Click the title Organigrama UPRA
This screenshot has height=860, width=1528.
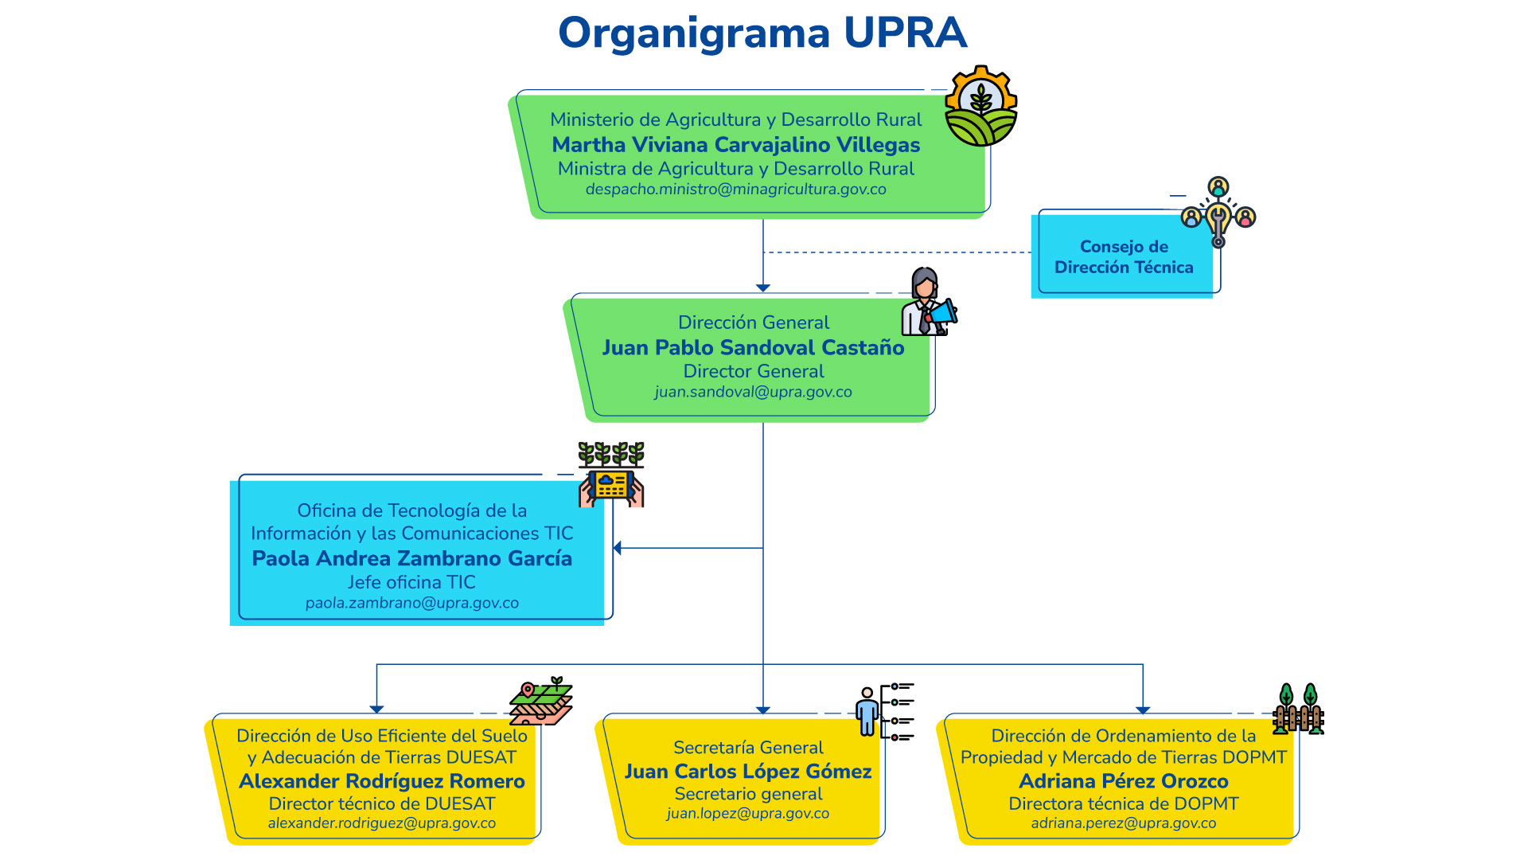point(762,33)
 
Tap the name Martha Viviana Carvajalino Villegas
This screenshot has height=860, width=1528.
point(736,145)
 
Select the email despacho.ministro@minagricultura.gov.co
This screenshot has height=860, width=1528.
point(736,190)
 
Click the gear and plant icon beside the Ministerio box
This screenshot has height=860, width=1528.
point(980,107)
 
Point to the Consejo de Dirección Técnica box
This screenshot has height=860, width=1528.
point(1124,256)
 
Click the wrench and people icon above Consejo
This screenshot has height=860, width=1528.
point(1218,212)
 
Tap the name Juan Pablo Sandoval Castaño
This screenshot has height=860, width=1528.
point(753,348)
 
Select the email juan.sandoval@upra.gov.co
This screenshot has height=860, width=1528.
point(753,392)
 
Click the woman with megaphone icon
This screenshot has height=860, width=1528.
point(928,303)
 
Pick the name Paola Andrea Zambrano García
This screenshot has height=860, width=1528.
point(412,559)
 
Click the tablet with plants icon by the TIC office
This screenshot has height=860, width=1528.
point(611,475)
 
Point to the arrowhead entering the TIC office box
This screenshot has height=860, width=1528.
point(618,548)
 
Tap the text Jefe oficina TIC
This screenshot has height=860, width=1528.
point(411,582)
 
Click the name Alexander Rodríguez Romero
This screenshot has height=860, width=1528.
point(382,781)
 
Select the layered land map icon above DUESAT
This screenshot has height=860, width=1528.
point(541,702)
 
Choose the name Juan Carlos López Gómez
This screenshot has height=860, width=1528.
point(748,772)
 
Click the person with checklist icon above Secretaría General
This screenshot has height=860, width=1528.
point(883,711)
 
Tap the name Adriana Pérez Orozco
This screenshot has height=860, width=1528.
point(1124,781)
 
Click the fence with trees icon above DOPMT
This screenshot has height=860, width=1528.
point(1297,709)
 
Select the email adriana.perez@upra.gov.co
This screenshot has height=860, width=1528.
point(1124,823)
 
